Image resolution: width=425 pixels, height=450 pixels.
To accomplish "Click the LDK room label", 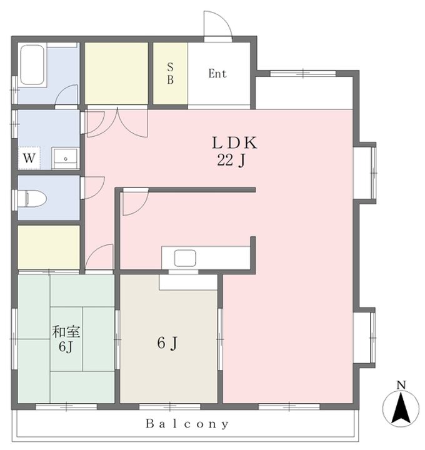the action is coord(234,143).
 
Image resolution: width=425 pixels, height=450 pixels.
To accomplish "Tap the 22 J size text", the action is coord(231,160).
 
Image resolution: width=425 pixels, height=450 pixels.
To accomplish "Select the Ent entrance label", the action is coord(217,74).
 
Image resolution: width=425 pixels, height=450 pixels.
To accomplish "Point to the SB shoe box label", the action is coord(170,74).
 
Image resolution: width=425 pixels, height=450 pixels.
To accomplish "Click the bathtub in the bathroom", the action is coord(32,65).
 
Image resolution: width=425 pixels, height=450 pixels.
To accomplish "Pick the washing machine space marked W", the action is coord(29,158).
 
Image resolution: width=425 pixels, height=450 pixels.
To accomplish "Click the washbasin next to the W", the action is coord(65,158).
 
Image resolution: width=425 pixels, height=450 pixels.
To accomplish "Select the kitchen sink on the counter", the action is coord(185,258).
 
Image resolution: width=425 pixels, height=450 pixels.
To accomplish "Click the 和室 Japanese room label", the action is coord(66,332).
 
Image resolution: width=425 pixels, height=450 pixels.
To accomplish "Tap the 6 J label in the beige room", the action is coord(167,343).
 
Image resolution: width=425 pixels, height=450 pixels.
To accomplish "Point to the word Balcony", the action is coord(187,424).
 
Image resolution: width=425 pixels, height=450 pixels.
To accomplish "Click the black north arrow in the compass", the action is coord(401,409).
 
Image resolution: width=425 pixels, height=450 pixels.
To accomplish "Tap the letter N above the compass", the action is coord(401,385).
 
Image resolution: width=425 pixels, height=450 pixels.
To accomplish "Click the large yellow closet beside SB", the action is coord(116,74).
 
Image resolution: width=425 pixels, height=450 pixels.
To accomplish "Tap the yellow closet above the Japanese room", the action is coord(49,247).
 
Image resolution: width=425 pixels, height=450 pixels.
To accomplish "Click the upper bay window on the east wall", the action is coord(365,173).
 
